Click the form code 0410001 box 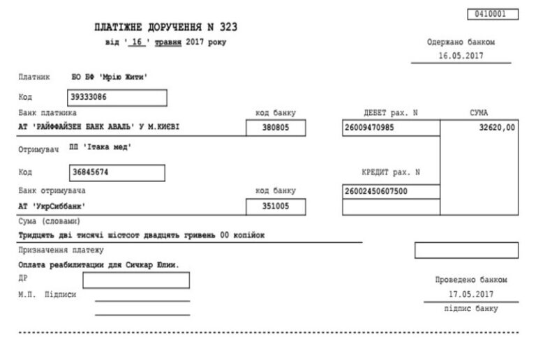(494, 13)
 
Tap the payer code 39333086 (91, 97)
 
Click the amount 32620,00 (497, 128)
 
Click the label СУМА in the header (479, 113)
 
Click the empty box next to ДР (136, 280)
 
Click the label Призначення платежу (61, 250)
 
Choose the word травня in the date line (167, 43)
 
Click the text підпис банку (471, 308)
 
